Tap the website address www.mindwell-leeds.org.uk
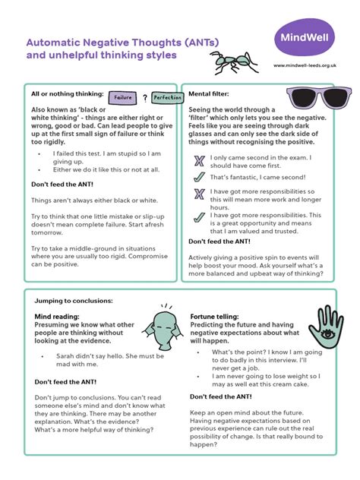tap(305, 66)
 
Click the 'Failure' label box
tap(123, 98)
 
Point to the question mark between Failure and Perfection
tap(144, 97)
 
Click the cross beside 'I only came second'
tap(199, 159)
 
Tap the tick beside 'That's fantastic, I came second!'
tap(199, 176)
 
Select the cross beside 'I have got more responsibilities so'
tap(199, 193)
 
